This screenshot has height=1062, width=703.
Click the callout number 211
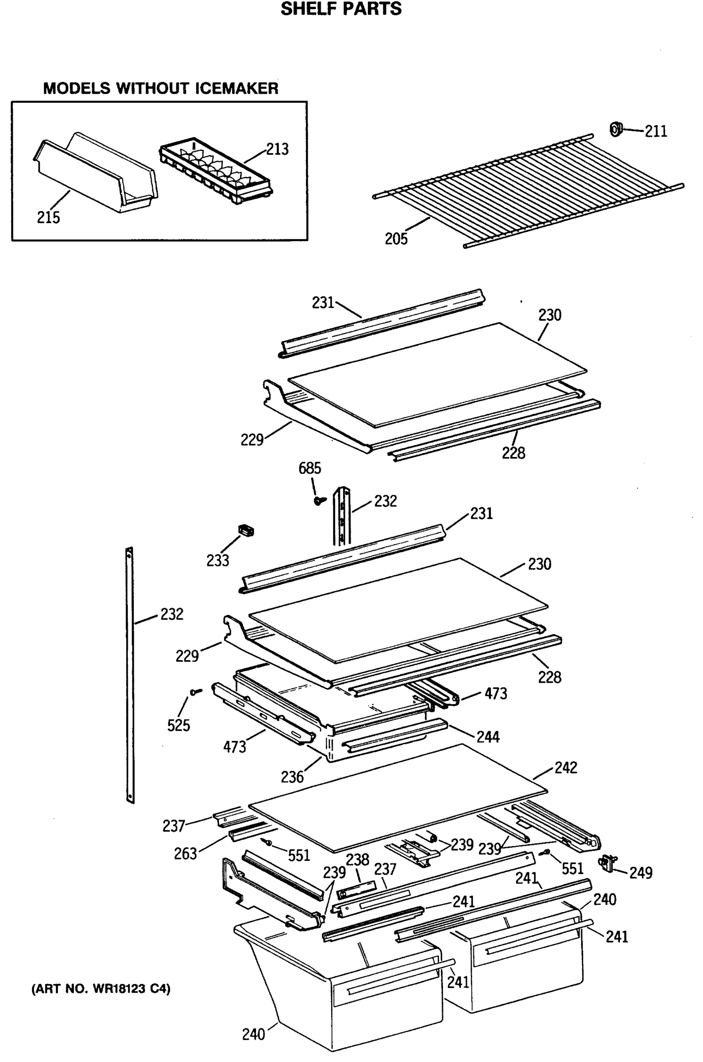[x=656, y=131]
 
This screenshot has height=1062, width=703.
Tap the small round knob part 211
[x=616, y=129]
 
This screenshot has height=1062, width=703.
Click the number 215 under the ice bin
[x=48, y=217]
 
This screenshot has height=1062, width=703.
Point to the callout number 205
[x=396, y=239]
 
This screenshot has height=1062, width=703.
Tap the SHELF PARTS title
[x=341, y=9]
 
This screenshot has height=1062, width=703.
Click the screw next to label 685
[x=319, y=500]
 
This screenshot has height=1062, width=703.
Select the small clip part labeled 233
[x=246, y=531]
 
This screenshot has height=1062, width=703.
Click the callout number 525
[x=179, y=725]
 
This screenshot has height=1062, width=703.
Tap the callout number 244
[x=488, y=737]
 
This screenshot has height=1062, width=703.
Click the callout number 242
[x=565, y=767]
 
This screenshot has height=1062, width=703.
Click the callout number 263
[x=185, y=854]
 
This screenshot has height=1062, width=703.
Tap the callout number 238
[x=357, y=859]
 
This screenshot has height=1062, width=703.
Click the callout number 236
[x=292, y=777]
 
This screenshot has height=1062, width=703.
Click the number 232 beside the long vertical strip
[x=172, y=614]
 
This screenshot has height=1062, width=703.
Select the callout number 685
[x=309, y=469]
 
